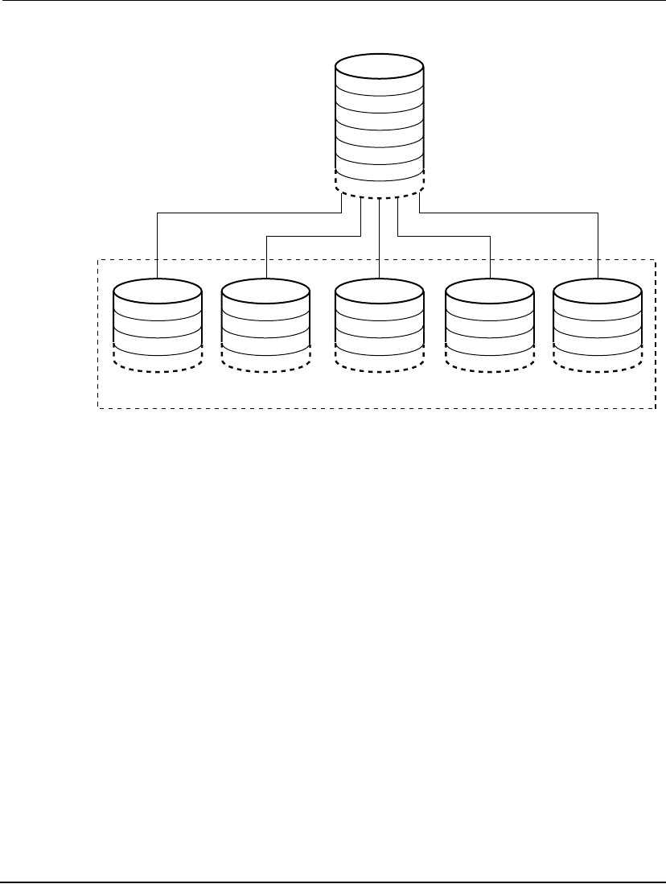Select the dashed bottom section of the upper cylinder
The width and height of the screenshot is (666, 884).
point(380,190)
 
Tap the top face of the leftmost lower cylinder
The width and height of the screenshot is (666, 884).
point(157,289)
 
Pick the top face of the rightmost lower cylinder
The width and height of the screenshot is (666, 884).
point(598,289)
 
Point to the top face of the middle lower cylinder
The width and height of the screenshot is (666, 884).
point(379,289)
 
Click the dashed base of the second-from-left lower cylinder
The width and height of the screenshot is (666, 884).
point(265,361)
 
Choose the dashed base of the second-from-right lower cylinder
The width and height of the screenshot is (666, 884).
point(490,361)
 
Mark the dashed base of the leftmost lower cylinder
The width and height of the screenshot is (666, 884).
point(157,361)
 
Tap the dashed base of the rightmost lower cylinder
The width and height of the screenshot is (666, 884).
point(598,361)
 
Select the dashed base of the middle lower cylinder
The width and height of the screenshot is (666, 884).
point(379,361)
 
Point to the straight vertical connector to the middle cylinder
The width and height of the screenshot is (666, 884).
point(379,242)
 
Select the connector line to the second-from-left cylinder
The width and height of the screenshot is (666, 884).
point(314,236)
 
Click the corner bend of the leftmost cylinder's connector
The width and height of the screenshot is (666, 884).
point(157,213)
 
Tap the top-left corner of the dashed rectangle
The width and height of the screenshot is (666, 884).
point(98,259)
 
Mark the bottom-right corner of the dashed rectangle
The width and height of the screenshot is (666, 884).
point(656,408)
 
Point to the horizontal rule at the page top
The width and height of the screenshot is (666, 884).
point(333,1)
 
